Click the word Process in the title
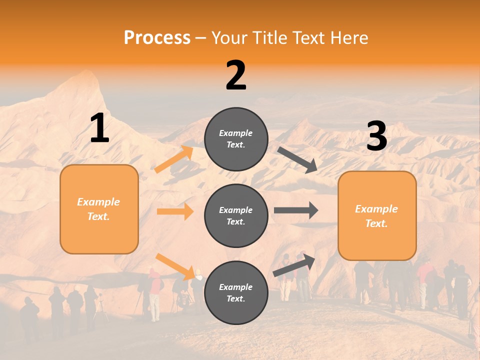157,37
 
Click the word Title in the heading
267,37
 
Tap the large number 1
99,128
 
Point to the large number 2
236,75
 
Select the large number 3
376,136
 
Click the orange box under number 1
99,209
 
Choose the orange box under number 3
377,215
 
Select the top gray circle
236,139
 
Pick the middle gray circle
236,215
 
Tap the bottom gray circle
236,292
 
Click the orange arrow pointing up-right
174,159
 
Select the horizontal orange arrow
175,211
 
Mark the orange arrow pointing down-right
175,266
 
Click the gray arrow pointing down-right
297,159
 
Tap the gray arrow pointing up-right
294,265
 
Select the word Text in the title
308,37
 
